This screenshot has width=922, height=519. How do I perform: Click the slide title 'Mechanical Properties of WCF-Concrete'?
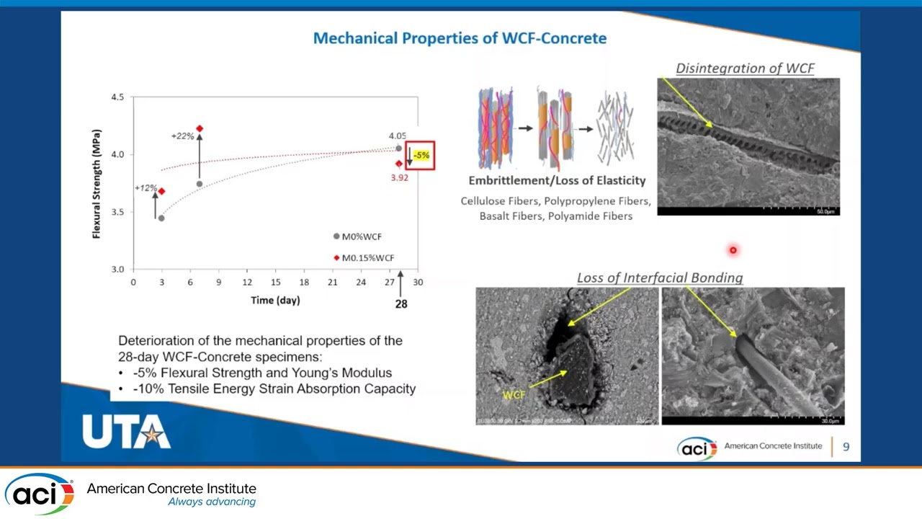[460, 38]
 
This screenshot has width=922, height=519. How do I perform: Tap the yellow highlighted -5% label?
[422, 155]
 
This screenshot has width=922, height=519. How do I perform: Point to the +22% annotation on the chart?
[182, 136]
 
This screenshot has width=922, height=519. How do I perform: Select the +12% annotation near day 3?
[146, 188]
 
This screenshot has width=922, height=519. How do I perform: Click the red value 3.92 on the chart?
[399, 177]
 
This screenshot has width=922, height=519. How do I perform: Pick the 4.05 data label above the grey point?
[397, 136]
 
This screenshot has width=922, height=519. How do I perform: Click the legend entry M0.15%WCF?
[367, 257]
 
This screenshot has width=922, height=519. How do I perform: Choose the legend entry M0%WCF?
[362, 236]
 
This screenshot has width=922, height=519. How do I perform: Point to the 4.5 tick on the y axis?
[117, 97]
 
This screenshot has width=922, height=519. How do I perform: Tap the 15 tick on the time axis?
[275, 282]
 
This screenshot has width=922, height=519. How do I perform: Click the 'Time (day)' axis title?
[275, 300]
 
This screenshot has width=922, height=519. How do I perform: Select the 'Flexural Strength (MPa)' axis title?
[97, 184]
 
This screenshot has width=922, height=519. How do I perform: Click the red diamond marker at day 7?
[200, 128]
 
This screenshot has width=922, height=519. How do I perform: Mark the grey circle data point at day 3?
[161, 218]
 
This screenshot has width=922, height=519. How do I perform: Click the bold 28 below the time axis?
[401, 303]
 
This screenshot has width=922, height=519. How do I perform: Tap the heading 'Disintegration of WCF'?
[745, 68]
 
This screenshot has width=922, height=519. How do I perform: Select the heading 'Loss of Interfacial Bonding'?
[659, 278]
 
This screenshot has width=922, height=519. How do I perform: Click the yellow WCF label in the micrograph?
[514, 395]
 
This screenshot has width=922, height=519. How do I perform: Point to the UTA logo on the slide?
[126, 432]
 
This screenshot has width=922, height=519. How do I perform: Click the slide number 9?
[846, 447]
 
